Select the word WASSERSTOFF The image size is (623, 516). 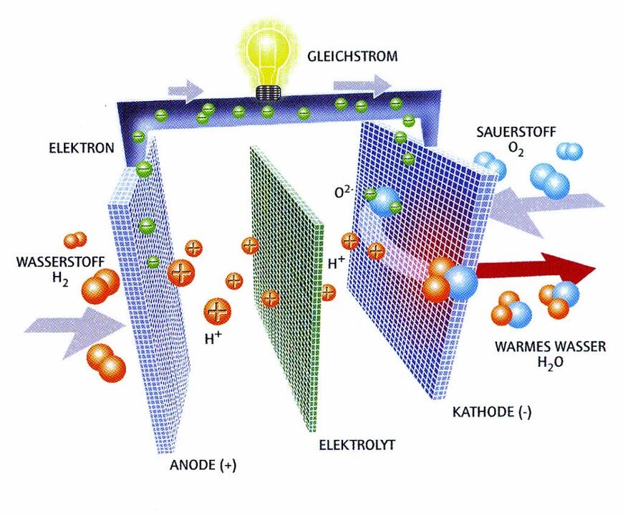51,261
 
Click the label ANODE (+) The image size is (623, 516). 203,465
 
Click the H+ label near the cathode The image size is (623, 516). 337,263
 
